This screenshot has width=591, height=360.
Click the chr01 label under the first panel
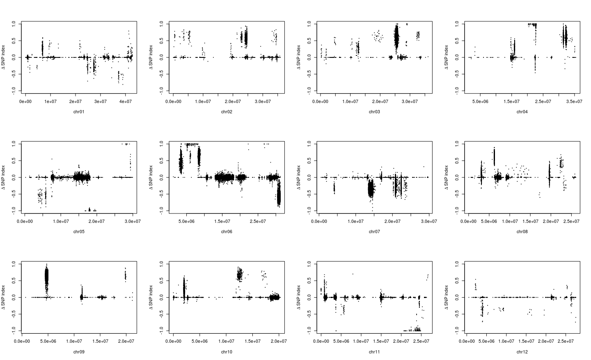pyautogui.click(x=78, y=112)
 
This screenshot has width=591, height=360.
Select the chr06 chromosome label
pyautogui.click(x=227, y=232)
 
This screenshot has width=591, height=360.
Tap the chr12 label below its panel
pyautogui.click(x=522, y=352)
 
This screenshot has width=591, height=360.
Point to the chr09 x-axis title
pyautogui.click(x=78, y=352)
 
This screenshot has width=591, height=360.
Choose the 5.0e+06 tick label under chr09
pyautogui.click(x=48, y=341)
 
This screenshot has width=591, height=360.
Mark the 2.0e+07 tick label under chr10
pyautogui.click(x=279, y=341)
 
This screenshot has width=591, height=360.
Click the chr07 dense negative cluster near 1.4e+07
pyautogui.click(x=371, y=190)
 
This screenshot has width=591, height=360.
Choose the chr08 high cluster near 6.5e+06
pyautogui.click(x=494, y=157)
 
